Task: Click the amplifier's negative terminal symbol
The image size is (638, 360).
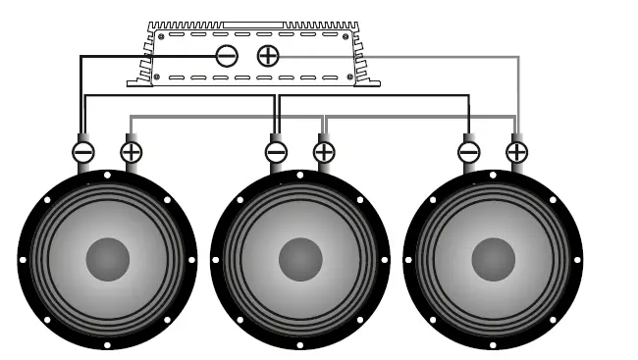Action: (x=226, y=56)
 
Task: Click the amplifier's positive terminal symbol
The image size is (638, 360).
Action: (x=267, y=56)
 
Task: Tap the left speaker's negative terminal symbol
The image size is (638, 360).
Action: (x=83, y=152)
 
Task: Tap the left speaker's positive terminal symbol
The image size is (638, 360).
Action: (x=131, y=152)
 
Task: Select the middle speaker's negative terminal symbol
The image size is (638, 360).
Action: (x=276, y=152)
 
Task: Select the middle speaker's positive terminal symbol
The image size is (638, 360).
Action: (x=323, y=152)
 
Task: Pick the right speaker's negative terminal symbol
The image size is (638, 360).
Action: (x=468, y=152)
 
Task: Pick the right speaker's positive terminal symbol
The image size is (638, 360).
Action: (x=515, y=152)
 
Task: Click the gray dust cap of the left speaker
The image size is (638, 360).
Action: (x=108, y=259)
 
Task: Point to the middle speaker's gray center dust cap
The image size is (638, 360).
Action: (x=300, y=259)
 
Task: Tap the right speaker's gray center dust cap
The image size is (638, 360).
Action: (x=493, y=259)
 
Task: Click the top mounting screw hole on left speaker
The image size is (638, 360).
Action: (x=108, y=177)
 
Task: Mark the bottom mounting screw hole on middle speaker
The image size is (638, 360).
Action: (x=300, y=344)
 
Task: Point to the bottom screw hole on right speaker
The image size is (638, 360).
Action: (x=493, y=344)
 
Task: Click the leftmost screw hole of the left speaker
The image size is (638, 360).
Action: (x=24, y=260)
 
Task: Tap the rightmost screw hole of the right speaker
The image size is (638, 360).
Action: (x=577, y=260)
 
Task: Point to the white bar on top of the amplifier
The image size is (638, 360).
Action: (x=253, y=25)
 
